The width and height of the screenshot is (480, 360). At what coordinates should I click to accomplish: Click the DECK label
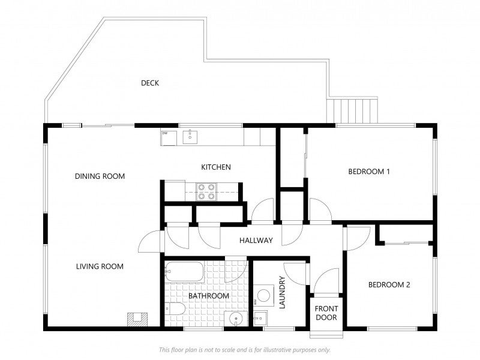[x=150, y=83]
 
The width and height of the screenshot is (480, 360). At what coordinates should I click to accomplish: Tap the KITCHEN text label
[x=216, y=167]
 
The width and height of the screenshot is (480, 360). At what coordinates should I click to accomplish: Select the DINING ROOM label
[x=100, y=176]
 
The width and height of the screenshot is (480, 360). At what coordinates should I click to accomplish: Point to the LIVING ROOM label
[x=100, y=266]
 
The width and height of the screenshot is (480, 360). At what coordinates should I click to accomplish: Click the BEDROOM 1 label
[x=369, y=172]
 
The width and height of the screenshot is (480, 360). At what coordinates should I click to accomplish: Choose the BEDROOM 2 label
[x=389, y=284]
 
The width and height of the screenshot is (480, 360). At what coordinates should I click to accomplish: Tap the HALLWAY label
[x=256, y=241]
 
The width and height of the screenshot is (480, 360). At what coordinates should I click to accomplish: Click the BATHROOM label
[x=209, y=296]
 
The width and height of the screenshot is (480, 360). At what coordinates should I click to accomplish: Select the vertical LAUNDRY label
[x=282, y=292]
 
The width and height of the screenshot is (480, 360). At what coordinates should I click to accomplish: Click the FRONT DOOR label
[x=326, y=313]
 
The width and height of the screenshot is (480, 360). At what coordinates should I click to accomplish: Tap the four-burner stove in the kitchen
[x=206, y=191]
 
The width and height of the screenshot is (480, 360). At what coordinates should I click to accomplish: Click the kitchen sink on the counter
[x=190, y=137]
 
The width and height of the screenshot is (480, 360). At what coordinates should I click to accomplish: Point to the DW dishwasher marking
[x=164, y=133]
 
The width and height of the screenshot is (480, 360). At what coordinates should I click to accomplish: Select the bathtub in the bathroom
[x=184, y=272]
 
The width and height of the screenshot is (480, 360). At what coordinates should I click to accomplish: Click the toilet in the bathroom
[x=175, y=308]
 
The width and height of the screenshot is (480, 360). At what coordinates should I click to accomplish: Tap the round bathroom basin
[x=236, y=319]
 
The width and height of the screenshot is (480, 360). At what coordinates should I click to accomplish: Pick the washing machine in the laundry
[x=264, y=296]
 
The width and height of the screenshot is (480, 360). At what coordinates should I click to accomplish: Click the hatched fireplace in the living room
[x=137, y=319]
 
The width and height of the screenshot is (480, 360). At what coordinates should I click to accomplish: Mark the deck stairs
[x=352, y=110]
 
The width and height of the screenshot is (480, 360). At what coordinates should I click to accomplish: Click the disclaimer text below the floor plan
[x=245, y=350]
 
